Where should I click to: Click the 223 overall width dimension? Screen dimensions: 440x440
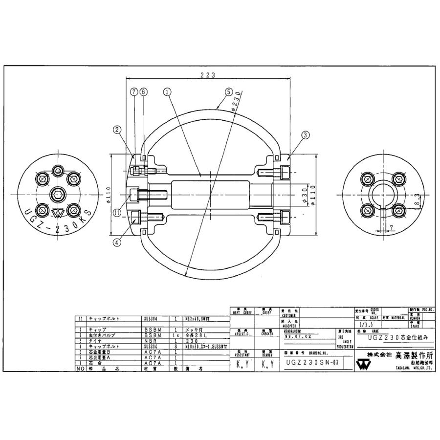click(208, 75)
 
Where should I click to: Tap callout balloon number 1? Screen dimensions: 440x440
click(167, 91)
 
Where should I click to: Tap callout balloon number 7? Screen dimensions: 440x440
click(133, 91)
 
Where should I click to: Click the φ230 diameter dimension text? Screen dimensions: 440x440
click(237, 103)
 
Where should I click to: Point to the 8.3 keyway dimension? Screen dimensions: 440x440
click(417, 200)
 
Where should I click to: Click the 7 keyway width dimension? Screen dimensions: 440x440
click(392, 227)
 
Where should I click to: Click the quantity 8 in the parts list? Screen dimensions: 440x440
click(176, 346)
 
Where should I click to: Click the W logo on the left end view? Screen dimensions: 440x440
click(58, 213)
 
